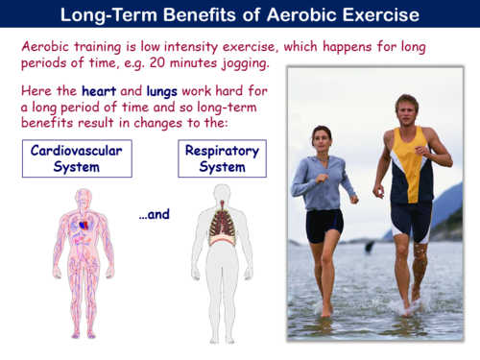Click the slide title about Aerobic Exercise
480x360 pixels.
click(239, 15)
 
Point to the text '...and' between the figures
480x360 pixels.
click(154, 214)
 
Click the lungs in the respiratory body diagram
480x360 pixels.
click(222, 225)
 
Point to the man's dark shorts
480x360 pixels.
click(411, 220)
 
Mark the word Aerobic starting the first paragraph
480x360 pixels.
click(46, 46)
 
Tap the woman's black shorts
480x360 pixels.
click(324, 227)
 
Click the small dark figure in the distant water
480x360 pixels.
click(370, 247)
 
